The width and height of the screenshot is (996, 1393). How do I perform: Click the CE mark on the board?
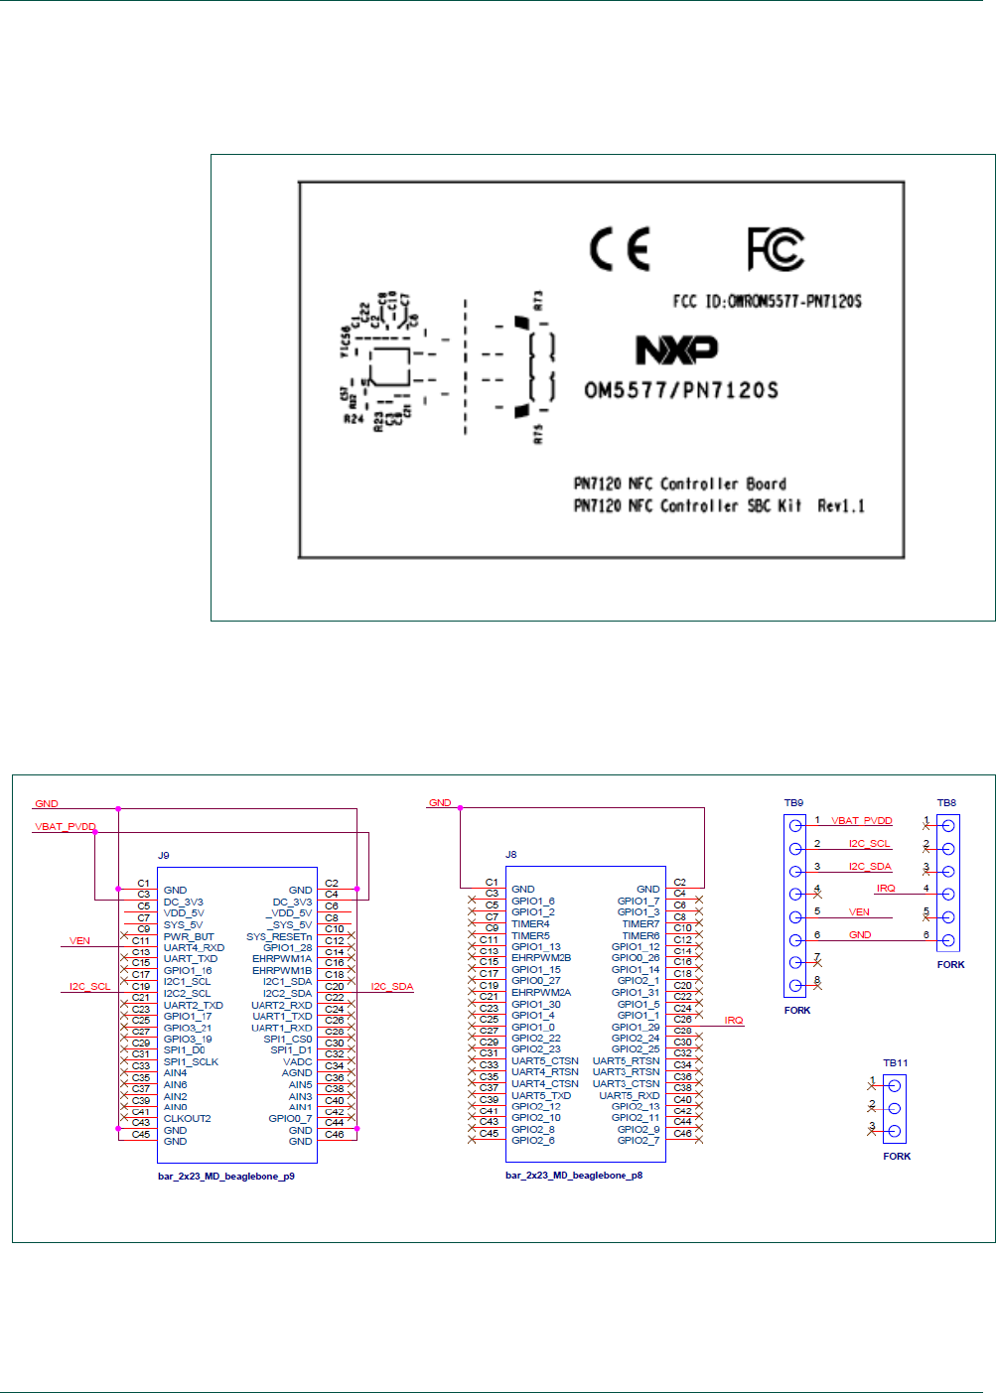click(620, 248)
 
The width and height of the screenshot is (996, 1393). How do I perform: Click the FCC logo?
click(776, 248)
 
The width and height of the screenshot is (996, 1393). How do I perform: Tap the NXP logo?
click(677, 349)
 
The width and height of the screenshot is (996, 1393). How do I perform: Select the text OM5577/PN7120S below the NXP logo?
click(681, 390)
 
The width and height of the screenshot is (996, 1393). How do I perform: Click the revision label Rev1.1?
click(841, 505)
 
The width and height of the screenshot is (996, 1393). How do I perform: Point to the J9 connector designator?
click(164, 855)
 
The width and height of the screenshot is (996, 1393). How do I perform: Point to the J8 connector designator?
click(511, 854)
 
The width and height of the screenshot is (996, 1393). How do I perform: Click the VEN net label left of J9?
click(80, 940)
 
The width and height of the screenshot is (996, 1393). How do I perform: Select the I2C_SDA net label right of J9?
click(392, 986)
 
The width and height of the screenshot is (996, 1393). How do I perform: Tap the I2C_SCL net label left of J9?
click(90, 986)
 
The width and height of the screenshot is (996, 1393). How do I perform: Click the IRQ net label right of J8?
click(734, 1020)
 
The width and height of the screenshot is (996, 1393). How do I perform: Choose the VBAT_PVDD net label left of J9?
click(66, 826)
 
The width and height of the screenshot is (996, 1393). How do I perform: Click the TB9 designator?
click(793, 802)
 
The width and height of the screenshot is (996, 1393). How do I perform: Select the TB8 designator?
click(946, 802)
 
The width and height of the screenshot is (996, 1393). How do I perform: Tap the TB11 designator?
click(896, 1062)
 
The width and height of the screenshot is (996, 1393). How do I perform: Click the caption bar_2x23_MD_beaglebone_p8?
click(574, 1176)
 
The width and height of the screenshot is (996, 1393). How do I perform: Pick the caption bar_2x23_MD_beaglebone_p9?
click(226, 1176)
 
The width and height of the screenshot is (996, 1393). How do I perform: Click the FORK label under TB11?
click(897, 1156)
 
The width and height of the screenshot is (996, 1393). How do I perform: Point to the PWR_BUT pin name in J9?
click(189, 936)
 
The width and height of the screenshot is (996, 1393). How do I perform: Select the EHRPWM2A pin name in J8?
click(541, 992)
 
